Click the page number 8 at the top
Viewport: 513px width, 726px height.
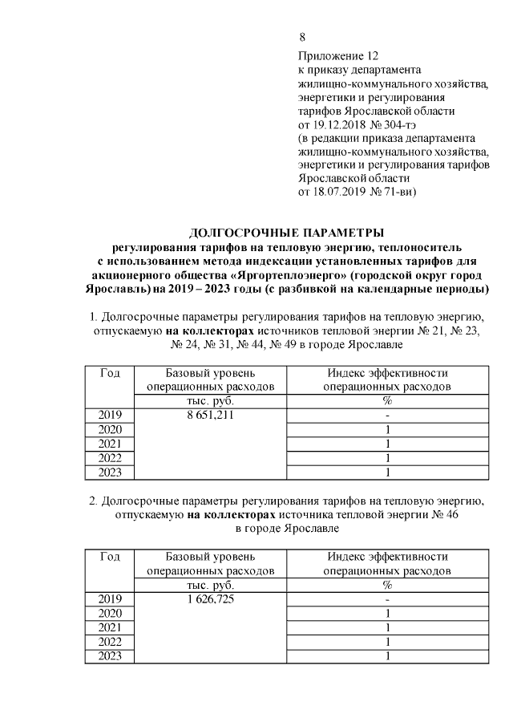point(301,38)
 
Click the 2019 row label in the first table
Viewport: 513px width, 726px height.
point(110,416)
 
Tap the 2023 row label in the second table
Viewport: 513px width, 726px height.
point(110,657)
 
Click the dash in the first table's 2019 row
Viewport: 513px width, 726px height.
point(386,416)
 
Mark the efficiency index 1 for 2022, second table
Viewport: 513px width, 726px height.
point(386,643)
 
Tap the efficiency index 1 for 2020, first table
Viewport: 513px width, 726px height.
point(386,431)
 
